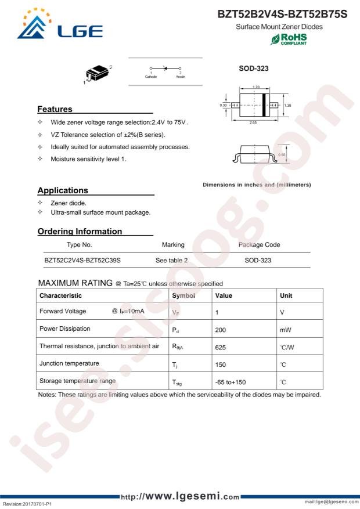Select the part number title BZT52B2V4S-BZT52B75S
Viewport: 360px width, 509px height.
pyautogui.click(x=282, y=13)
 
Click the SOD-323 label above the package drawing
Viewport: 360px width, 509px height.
pyautogui.click(x=253, y=68)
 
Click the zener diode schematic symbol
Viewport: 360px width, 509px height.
pyautogui.click(x=165, y=68)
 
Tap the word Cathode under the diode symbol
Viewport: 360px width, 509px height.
pyautogui.click(x=150, y=76)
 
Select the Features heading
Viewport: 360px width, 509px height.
pyautogui.click(x=55, y=109)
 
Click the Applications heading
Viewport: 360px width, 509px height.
pyautogui.click(x=63, y=190)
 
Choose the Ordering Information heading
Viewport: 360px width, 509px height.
pyautogui.click(x=80, y=231)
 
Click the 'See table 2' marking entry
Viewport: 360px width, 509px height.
pyautogui.click(x=171, y=261)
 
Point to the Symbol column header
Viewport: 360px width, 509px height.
pyautogui.click(x=184, y=295)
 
